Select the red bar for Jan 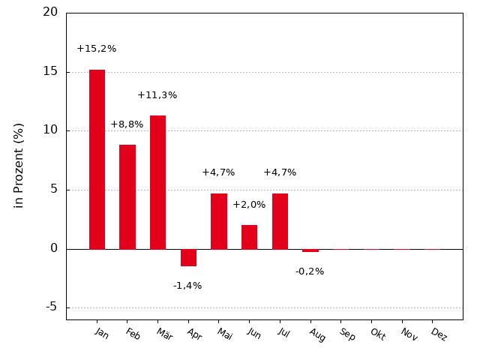click(97, 159)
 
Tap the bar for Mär click(157, 182)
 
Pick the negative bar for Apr click(188, 257)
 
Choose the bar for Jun click(249, 237)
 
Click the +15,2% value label click(96, 49)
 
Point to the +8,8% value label click(127, 124)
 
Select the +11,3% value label click(157, 95)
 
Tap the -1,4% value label click(187, 286)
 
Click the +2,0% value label click(249, 205)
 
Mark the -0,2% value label click(310, 271)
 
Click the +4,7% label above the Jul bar click(280, 172)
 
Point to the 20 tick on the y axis click(50, 12)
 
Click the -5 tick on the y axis click(51, 307)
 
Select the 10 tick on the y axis click(50, 130)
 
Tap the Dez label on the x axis click(439, 334)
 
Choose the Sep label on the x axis click(347, 334)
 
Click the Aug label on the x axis click(317, 334)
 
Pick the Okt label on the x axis click(377, 334)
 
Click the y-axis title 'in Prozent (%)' click(19, 165)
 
